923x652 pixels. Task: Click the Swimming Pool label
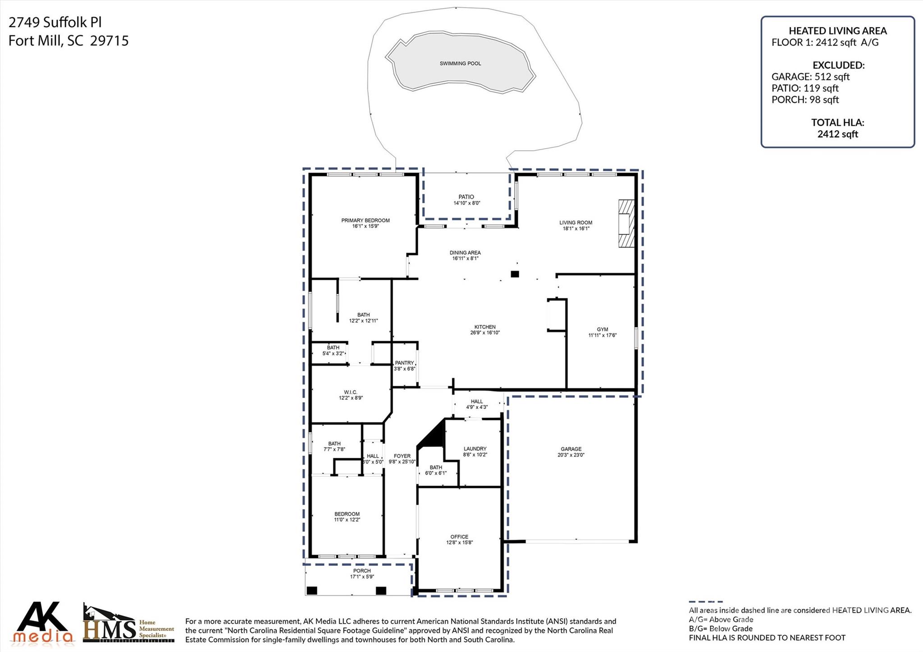460,64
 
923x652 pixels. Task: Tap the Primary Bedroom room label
365,220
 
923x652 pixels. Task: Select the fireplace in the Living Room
626,223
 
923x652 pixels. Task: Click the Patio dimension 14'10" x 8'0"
466,203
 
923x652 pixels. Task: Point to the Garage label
571,449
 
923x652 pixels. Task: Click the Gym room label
602,329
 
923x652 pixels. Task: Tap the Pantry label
404,363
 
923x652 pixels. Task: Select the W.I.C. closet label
351,392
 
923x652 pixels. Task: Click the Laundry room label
475,449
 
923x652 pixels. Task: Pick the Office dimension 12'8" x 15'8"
459,543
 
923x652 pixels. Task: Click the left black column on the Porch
311,590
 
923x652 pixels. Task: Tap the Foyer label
402,456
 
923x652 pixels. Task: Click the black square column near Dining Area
515,274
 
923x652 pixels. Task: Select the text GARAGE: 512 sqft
810,77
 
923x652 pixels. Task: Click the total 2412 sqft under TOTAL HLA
837,134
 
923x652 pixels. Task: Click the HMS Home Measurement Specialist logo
128,625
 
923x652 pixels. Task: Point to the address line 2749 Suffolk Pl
55,22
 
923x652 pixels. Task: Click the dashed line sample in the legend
705,602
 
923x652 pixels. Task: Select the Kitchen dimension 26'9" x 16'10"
485,333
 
